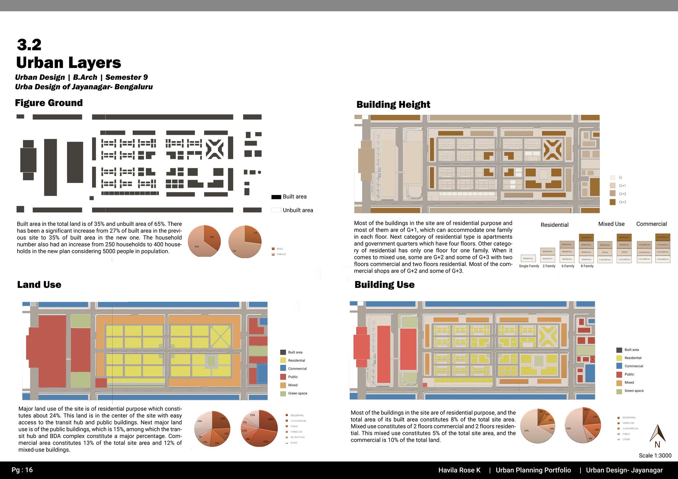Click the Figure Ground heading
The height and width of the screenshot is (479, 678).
tap(49, 103)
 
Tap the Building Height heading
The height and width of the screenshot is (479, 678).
tap(393, 104)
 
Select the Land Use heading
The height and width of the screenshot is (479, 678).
tap(39, 284)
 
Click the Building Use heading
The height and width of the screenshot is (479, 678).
tap(384, 284)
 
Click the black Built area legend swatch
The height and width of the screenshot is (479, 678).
tap(276, 197)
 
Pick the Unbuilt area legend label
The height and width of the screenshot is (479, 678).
tap(298, 210)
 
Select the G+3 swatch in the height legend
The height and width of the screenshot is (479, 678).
tap(612, 202)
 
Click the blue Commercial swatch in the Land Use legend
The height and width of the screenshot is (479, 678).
tap(283, 368)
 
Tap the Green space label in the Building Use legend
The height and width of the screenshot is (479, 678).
tap(634, 391)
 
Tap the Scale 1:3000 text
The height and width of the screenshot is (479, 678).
tap(655, 455)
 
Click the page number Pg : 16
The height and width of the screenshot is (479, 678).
tap(22, 470)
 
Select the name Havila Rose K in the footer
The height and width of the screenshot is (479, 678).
tap(459, 470)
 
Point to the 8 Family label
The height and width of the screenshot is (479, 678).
tap(587, 266)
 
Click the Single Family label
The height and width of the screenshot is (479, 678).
tap(529, 266)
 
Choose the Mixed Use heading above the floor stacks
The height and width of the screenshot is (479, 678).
tap(611, 224)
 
